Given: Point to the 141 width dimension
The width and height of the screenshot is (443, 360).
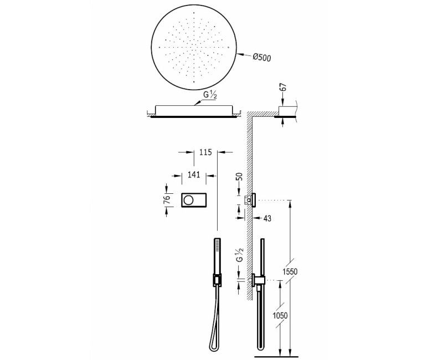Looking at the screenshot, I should (x=193, y=176).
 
